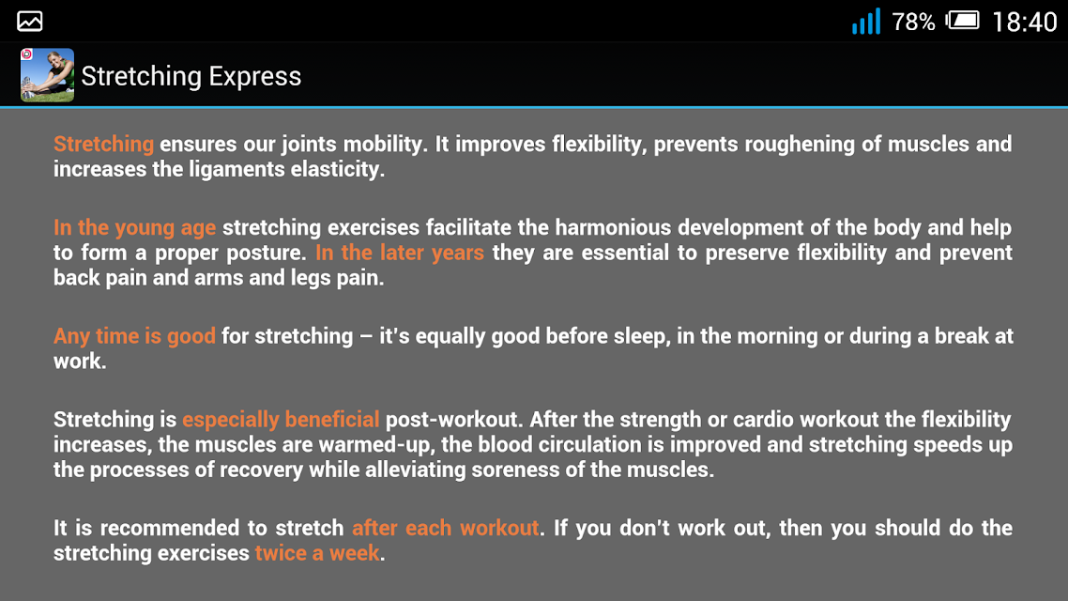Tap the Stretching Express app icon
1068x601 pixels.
(47, 75)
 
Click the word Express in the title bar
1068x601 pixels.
(254, 76)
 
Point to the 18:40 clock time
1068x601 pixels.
(1025, 23)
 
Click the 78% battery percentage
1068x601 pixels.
(913, 23)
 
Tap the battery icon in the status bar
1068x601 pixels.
(963, 21)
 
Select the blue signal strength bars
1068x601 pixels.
(866, 21)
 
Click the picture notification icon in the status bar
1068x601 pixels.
(30, 21)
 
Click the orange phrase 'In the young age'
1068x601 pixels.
(135, 227)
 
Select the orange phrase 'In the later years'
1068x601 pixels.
(400, 253)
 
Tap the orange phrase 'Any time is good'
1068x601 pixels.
(135, 336)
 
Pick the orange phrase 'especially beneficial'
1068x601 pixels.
(281, 420)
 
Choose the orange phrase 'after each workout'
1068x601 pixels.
(446, 528)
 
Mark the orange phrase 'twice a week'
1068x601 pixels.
(317, 553)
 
